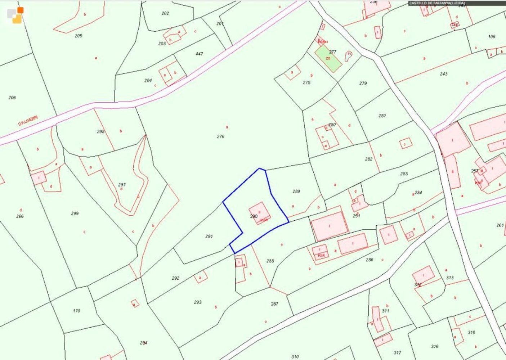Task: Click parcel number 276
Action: tap(220, 136)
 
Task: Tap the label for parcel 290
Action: tap(254, 216)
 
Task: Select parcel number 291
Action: tap(209, 237)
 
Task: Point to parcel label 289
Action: tap(296, 192)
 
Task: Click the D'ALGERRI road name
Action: tap(28, 121)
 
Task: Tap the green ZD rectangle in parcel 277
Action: tap(328, 58)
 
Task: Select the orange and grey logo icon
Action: tap(15, 15)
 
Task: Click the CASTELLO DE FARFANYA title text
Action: tap(437, 3)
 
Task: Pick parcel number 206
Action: tap(12, 98)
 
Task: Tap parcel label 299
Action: tap(75, 213)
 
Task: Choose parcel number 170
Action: tap(76, 311)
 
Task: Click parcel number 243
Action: tap(444, 74)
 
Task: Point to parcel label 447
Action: tap(199, 54)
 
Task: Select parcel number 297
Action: tap(122, 185)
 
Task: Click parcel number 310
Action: tap(295, 357)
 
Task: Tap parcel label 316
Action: tap(435, 346)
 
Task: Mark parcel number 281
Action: tap(382, 116)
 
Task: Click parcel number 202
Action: tap(165, 13)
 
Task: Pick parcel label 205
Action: tap(79, 36)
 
